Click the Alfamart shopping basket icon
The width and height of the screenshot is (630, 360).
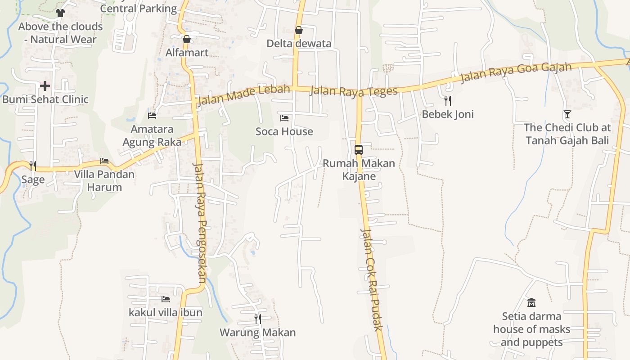tap(187, 39)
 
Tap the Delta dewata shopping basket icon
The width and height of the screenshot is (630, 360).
tap(298, 30)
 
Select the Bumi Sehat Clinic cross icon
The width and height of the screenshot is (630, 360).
tap(45, 85)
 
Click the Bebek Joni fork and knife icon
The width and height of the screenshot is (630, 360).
tap(447, 100)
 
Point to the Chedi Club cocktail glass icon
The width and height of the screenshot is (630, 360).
tap(567, 114)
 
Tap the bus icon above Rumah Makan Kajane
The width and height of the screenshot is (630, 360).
tap(359, 150)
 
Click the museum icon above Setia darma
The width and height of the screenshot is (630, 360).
tap(531, 302)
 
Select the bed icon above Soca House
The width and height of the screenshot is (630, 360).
tap(284, 118)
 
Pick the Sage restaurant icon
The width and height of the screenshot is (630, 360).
tap(33, 166)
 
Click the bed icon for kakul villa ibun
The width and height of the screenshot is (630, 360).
tap(166, 299)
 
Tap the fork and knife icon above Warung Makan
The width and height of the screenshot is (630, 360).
tap(258, 319)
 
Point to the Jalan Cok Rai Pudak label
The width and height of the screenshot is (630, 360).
tap(372, 279)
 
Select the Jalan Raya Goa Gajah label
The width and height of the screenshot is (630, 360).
tap(516, 73)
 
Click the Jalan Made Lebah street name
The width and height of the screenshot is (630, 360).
tap(243, 94)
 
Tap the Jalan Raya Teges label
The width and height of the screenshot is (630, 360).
tap(354, 90)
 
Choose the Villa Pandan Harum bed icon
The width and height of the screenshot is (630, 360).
tap(104, 161)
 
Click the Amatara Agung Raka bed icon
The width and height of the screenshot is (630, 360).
tap(152, 116)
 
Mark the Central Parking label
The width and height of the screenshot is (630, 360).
tap(138, 8)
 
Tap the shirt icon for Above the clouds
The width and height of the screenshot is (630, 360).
tap(60, 13)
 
